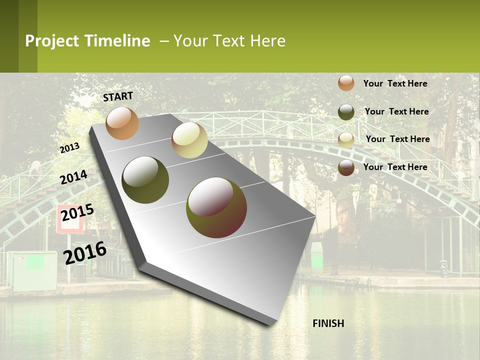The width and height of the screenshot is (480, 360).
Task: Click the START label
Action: tap(118, 96)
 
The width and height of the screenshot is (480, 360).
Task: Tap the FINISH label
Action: tap(328, 323)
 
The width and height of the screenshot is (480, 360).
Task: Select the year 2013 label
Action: tap(70, 147)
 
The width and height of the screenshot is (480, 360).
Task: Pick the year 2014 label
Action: tap(73, 177)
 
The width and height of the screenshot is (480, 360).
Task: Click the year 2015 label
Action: tap(77, 212)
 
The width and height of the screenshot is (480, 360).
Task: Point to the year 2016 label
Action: tap(85, 252)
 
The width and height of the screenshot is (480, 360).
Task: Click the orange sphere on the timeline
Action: tap(122, 123)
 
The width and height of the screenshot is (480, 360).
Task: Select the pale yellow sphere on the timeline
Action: tap(189, 140)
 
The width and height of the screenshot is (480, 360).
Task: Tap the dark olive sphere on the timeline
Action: tap(145, 180)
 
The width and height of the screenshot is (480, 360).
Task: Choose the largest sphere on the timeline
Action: tap(216, 207)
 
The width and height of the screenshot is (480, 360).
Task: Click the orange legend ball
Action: tap(346, 83)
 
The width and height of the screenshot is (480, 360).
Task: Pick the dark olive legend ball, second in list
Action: tap(346, 112)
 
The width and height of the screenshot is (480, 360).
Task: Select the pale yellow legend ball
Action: tap(346, 140)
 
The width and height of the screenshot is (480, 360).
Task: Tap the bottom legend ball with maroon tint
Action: tap(346, 167)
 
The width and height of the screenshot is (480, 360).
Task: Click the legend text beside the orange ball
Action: tap(395, 83)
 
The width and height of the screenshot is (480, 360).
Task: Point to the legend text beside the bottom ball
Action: tap(395, 167)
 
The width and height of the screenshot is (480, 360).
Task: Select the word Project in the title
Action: tap(52, 41)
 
